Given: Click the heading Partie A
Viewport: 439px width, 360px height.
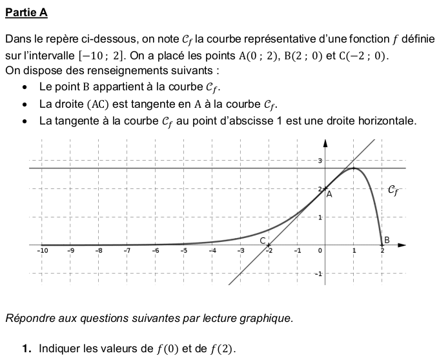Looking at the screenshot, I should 26,13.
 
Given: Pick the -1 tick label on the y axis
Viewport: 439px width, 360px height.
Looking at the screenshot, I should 318,274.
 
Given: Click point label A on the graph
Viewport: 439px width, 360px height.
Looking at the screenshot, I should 329,193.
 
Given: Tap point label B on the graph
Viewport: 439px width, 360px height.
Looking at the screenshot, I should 387,240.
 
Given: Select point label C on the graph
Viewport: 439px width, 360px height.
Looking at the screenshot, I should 263,240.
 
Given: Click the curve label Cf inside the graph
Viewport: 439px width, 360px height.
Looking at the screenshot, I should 394,190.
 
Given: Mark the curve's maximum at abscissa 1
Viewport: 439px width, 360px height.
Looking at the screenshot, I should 353,168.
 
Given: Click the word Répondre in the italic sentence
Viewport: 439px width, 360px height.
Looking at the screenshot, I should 28,318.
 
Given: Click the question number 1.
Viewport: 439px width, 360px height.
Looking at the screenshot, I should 26,349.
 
